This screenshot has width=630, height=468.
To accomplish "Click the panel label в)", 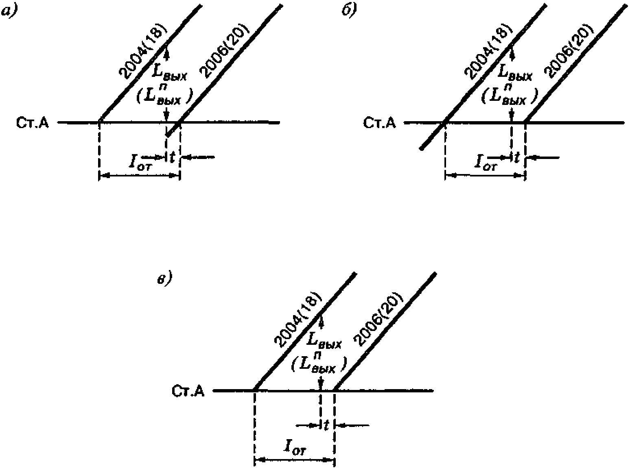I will [165, 279].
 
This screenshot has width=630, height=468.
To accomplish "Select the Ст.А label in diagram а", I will [33, 123].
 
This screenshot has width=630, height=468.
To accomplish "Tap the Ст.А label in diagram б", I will [379, 123].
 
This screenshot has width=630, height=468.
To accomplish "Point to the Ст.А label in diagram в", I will [188, 391].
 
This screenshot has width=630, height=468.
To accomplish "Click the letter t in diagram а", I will [173, 157].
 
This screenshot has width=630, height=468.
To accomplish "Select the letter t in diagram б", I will [517, 157].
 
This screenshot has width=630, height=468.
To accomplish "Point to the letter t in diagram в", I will [326, 425].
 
